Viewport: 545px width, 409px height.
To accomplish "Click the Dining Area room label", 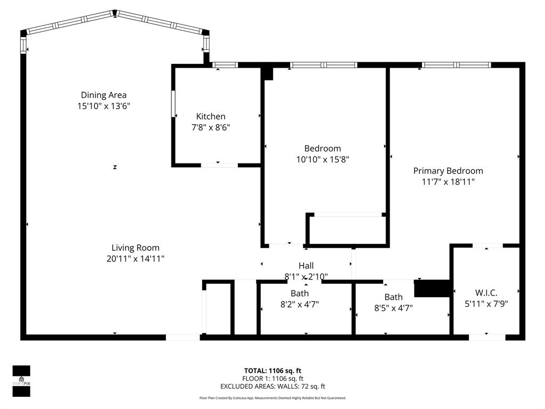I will pos(104,95).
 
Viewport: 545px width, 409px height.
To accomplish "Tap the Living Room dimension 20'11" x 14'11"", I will pos(135,259).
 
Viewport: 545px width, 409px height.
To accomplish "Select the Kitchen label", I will pos(211,116).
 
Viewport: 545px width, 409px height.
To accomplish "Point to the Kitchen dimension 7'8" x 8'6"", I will pos(211,127).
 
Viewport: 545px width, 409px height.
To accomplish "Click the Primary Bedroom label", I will pos(448,170).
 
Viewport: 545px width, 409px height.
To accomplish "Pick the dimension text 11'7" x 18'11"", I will pos(448,182).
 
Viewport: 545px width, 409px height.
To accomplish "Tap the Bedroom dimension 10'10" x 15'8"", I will pos(323,159).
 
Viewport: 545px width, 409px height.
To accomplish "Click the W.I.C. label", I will pos(486,292).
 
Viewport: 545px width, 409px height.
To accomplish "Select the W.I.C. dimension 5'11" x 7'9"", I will pos(486,304).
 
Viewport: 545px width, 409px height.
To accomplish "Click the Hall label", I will pos(306,265).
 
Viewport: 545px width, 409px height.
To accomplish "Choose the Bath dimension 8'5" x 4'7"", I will pos(393,308).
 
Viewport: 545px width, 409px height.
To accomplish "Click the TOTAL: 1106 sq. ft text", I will pos(272,371).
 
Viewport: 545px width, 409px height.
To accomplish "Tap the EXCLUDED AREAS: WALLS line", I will pos(272,387).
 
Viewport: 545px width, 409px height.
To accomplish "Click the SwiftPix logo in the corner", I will pos(21,381).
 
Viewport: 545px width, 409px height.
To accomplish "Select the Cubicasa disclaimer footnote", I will pos(272,398).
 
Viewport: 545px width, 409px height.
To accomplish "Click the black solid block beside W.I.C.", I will pos(432,288).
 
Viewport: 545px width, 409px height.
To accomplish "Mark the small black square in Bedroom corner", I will pos(268,73).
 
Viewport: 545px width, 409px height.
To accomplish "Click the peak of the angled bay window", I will pos(114,12).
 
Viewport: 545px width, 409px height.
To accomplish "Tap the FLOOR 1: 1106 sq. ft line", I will pos(272,379).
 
